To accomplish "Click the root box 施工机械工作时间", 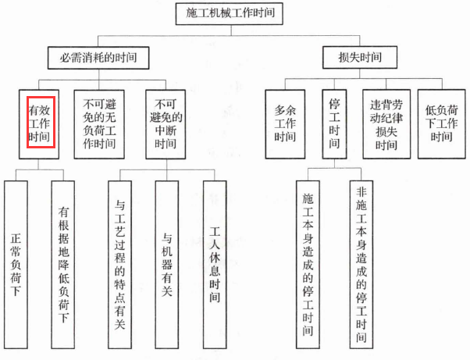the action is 230,14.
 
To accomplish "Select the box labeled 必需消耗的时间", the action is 98,58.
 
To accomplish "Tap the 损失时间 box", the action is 360,57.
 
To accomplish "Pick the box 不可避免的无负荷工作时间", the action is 99,124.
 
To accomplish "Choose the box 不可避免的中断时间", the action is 166,124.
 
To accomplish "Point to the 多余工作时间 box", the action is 285,124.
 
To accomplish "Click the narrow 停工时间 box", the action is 334,124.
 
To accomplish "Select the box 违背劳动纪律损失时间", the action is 386,124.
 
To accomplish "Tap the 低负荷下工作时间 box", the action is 442,124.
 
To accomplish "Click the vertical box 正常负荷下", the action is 16,265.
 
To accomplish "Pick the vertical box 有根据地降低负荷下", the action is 63,265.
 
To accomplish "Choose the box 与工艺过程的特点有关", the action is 119,265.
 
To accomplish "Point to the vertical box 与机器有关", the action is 167,265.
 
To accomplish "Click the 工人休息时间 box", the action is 215,265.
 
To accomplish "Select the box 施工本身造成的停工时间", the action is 308,265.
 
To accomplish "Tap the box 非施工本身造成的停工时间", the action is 361,265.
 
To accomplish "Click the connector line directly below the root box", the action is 231,30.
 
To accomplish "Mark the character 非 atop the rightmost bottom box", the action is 361,192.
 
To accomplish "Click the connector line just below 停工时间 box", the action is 334,163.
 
